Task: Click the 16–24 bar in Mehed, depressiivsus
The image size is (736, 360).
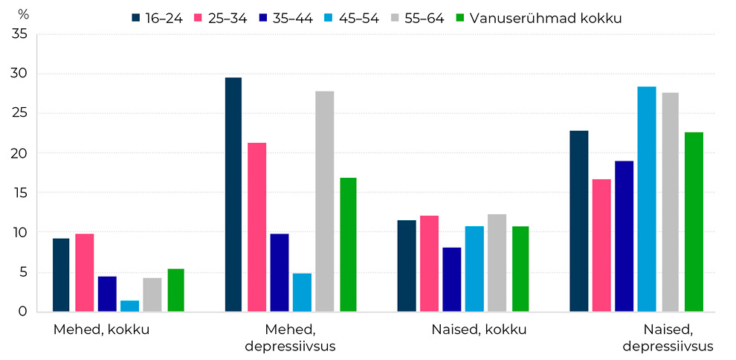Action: pos(233,195)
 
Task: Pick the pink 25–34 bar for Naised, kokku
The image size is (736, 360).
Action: pos(429,263)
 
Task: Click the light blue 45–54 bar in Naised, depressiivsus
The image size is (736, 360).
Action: pos(646,199)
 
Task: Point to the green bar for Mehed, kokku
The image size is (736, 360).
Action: pos(175,290)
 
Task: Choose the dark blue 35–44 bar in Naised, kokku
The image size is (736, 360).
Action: pos(451,280)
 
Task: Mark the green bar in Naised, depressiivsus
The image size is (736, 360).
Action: pos(694,222)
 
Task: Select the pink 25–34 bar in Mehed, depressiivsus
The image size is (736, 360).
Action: pos(257,227)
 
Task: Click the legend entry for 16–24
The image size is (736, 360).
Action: pos(157,18)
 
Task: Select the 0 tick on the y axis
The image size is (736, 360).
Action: pos(24,312)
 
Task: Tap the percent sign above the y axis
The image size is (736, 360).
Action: pos(23,14)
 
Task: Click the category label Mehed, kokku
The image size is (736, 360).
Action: pos(101,330)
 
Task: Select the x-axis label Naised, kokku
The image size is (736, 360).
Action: pos(479,330)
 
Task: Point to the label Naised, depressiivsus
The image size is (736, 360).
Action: pos(668,338)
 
